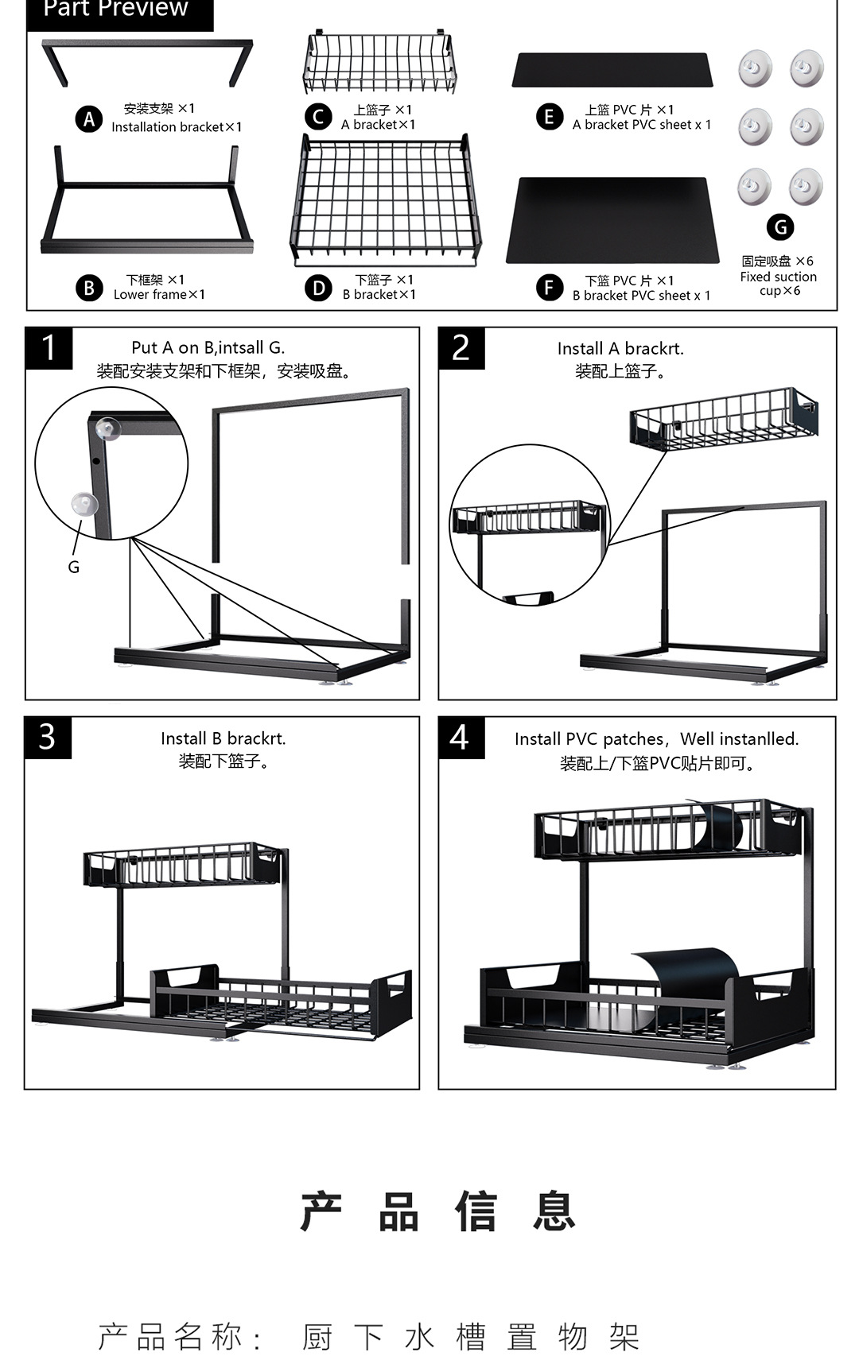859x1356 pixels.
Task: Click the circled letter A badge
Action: coord(89,119)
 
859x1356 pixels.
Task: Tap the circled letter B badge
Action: coord(89,288)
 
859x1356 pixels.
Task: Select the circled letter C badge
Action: coord(318,118)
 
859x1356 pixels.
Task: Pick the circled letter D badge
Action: coord(318,288)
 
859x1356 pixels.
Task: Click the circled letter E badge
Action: coord(549,118)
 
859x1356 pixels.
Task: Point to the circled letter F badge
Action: coord(549,288)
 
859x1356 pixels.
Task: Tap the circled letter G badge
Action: coord(780,227)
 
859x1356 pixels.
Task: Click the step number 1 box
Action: coord(49,348)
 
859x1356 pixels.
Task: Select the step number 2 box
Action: coord(461,348)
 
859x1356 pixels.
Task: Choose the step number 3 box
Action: coord(48,738)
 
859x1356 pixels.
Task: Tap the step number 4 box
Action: coord(461,738)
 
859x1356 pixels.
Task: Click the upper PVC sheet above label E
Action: coord(612,70)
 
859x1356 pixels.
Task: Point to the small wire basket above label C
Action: coord(379,64)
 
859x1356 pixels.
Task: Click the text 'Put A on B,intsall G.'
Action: coord(208,347)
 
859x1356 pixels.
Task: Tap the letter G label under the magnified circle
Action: coord(74,567)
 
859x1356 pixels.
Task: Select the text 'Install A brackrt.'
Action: coord(620,348)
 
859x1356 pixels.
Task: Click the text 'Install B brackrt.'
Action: coord(223,738)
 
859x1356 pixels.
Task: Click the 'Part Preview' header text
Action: coord(116,10)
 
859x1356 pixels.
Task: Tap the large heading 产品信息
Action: coord(437,1211)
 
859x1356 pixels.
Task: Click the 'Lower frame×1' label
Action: coord(159,295)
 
